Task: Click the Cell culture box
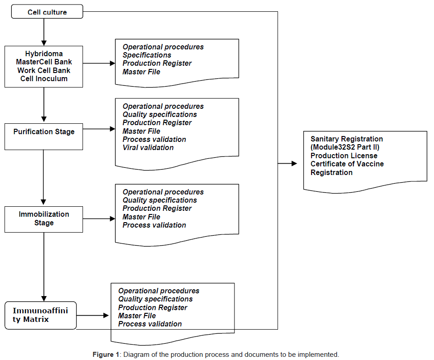47,12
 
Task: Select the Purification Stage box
44,132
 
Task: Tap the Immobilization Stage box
44,219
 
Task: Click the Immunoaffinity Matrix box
41,315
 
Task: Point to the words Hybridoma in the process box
44,54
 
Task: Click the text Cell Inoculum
44,78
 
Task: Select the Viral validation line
148,147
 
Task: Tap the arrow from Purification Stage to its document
99,129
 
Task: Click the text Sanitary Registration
346,139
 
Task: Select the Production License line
344,156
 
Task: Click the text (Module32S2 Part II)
345,147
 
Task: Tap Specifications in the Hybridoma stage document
147,55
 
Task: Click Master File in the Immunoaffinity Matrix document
137,316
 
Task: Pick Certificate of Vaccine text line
346,164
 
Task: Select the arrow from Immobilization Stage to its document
99,219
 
